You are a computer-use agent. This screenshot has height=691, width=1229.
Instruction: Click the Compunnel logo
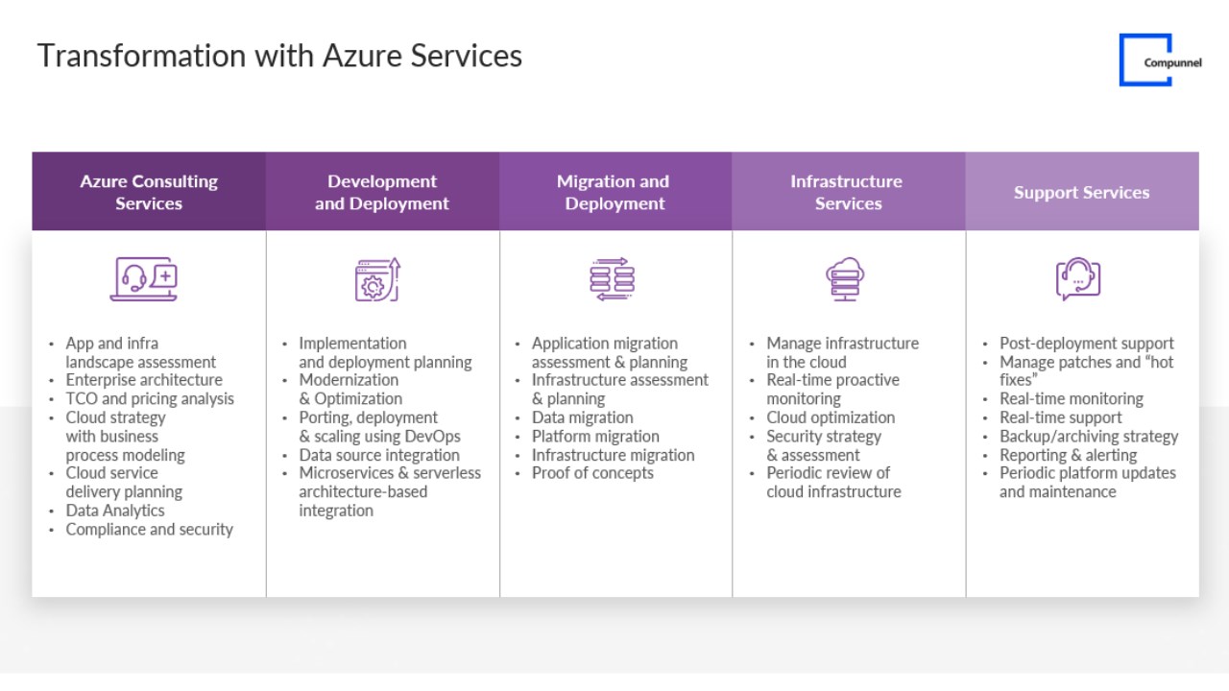coord(1160,60)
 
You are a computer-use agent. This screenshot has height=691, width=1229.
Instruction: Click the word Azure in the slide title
coord(362,56)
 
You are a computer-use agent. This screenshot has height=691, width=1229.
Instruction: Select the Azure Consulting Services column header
coord(149,191)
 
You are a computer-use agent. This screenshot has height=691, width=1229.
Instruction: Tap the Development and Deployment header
coord(382,191)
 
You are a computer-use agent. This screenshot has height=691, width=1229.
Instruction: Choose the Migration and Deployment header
coord(615,191)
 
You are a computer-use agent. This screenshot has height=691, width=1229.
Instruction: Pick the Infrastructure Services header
coord(848,191)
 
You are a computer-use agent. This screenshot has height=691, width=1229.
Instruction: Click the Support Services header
coord(1082,191)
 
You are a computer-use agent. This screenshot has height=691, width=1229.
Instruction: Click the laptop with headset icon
coord(144,278)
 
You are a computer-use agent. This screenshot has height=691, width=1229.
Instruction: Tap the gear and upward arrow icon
coord(377,279)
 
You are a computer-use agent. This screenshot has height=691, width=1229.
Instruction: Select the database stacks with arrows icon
coord(613,279)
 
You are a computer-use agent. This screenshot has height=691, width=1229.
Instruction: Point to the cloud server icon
coord(845,279)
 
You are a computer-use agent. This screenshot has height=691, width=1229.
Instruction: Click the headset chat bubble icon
coord(1078,278)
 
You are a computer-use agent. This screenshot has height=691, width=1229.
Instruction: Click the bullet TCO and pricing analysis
coord(150,398)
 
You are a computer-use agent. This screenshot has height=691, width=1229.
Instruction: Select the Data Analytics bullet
coord(115,511)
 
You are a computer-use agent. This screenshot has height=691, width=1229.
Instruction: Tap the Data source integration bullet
coord(379,455)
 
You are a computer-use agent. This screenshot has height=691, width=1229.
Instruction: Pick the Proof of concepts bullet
coord(592,473)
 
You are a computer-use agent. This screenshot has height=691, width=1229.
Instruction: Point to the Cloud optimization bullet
coord(831,417)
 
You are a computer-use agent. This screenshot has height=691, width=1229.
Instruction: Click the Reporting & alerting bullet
coord(1069,455)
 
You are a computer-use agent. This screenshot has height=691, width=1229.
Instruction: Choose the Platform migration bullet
coord(595,437)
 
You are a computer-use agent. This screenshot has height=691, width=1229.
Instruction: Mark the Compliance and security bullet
coord(149,529)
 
